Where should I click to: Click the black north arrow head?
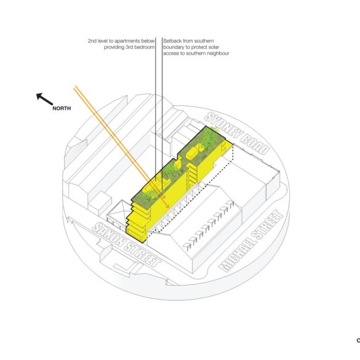39,97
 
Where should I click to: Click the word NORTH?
62,108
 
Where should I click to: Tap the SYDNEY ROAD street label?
236,134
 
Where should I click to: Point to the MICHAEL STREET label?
250,241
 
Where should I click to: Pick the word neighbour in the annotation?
217,54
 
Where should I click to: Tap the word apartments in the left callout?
127,41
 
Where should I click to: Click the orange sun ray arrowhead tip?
169,208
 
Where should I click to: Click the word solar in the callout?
214,47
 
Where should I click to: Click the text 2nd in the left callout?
92,41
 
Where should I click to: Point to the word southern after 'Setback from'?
204,41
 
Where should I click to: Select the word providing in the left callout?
114,47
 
